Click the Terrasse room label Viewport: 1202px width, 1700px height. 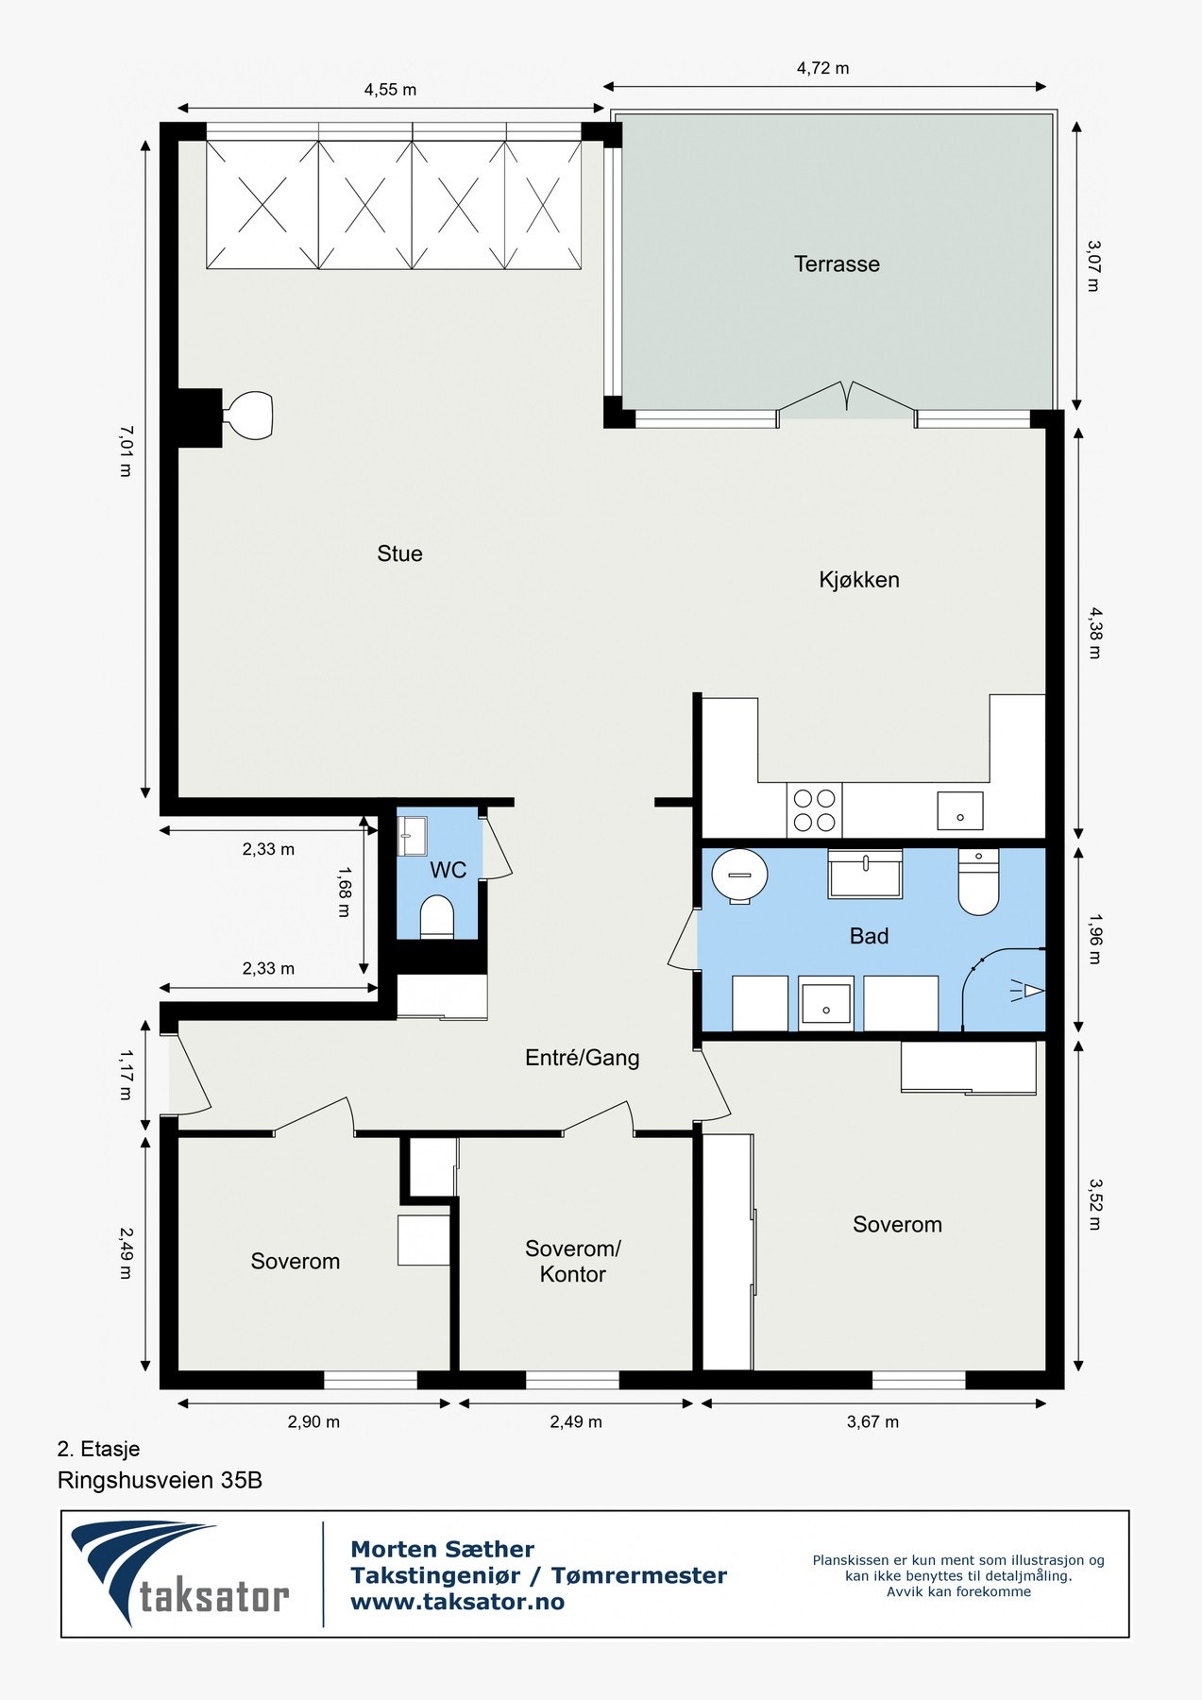(837, 264)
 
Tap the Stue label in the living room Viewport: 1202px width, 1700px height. (399, 553)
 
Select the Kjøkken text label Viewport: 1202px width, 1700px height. (858, 580)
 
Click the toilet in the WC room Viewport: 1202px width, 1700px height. (437, 917)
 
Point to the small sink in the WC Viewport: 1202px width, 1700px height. (412, 836)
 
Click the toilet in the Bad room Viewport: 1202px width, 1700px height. (979, 882)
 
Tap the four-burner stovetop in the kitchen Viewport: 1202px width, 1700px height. (814, 809)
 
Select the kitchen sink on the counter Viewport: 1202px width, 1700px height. (959, 810)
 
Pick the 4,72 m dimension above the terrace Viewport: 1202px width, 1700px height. (822, 68)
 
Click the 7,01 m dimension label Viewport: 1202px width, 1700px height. (126, 450)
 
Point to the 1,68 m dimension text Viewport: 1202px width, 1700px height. (345, 892)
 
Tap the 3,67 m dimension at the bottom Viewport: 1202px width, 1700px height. (872, 1421)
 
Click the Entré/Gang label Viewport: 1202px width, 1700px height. (582, 1058)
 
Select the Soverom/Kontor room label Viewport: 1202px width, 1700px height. (572, 1262)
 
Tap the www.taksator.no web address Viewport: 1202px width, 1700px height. (457, 1602)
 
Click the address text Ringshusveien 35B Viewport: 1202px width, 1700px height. (160, 1480)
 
